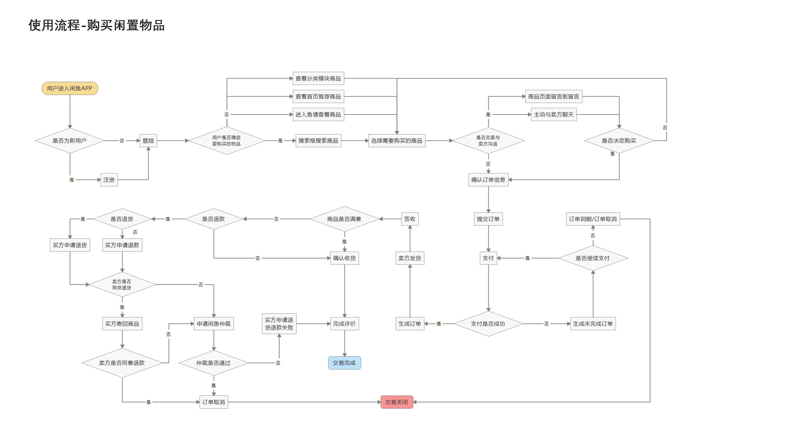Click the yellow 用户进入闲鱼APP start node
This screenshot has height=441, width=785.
coord(70,88)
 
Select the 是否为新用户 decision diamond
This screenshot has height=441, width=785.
coord(70,141)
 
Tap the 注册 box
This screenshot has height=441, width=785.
coord(109,180)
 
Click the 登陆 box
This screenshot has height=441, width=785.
coord(148,141)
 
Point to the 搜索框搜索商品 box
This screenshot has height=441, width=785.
coord(318,141)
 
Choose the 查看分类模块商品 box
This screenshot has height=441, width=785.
coord(318,78)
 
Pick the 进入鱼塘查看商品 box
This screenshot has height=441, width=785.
coord(318,115)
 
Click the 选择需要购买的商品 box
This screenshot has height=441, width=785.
coord(396,141)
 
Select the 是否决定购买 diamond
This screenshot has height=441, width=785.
coord(619,141)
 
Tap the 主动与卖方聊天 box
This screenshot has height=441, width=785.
coord(554,115)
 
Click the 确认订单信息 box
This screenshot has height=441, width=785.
coord(488,180)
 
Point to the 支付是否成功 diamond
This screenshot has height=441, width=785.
coord(488,324)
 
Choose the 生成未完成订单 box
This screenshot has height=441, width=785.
coord(593,324)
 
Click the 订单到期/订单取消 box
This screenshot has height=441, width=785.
coord(593,219)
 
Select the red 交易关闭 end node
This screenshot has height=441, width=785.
coord(396,402)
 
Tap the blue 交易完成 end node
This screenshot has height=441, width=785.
coord(344,363)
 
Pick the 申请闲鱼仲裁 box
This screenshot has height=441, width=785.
coord(214,324)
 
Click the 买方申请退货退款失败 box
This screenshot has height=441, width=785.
coord(279,324)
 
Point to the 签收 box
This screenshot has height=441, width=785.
coord(410,219)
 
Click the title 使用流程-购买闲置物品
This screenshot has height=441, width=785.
coord(97,25)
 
